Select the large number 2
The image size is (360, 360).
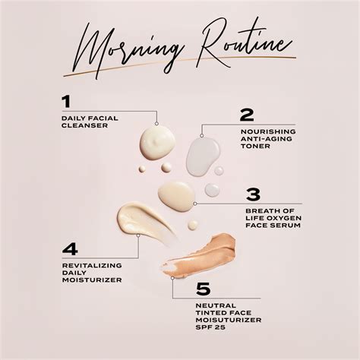click(x=246, y=115)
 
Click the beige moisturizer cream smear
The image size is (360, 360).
click(x=144, y=220)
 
